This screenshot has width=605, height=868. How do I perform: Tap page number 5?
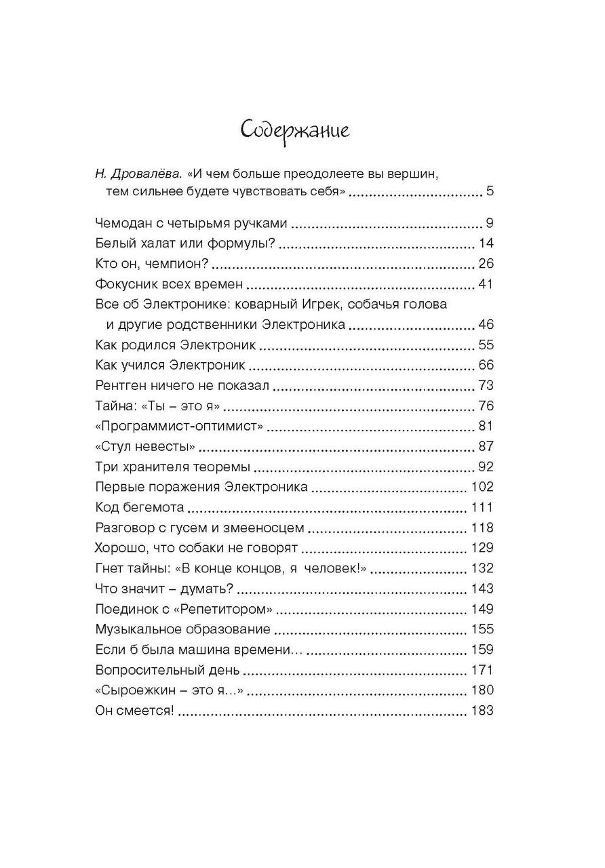click(489, 192)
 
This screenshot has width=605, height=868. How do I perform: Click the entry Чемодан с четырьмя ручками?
click(192, 223)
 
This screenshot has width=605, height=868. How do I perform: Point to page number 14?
click(486, 243)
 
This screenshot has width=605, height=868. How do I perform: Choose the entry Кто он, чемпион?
click(151, 264)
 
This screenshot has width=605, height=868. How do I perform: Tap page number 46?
click(486, 324)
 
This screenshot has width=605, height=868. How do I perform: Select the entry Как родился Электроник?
click(176, 344)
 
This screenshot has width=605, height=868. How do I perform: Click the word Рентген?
click(120, 385)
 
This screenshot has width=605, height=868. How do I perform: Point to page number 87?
click(486, 446)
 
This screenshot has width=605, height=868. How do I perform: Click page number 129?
click(482, 548)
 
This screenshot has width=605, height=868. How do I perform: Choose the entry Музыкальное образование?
click(183, 629)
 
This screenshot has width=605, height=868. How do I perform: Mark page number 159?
click(482, 649)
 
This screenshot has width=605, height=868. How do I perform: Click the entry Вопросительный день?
click(168, 670)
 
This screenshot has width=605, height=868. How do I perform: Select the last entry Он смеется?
click(135, 711)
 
